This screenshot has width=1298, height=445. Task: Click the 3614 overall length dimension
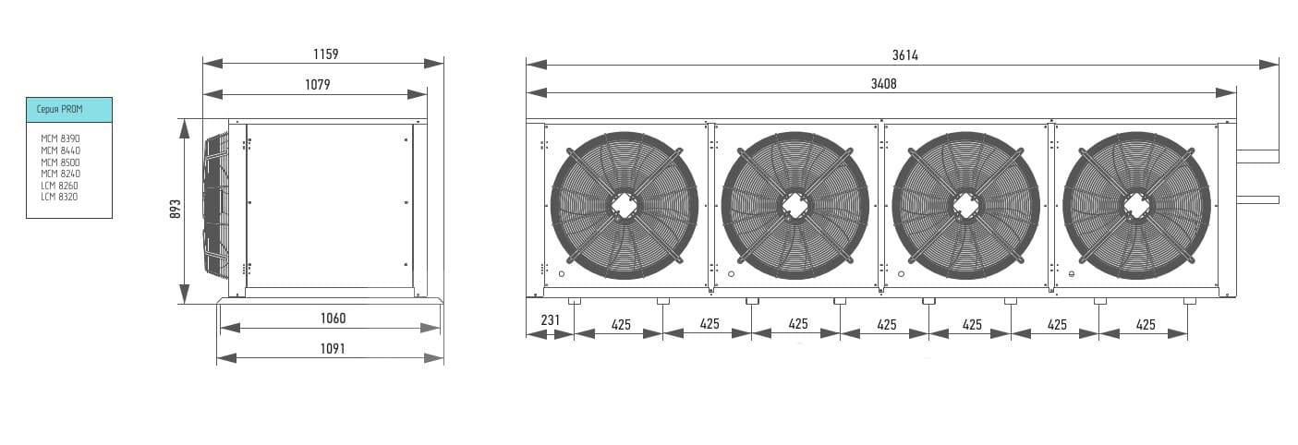click(905, 55)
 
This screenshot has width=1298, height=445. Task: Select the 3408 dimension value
click(884, 84)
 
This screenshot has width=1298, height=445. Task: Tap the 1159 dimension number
click(326, 54)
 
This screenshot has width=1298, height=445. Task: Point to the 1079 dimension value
click(318, 85)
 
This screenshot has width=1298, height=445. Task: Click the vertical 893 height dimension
click(175, 210)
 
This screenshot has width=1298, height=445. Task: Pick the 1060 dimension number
click(333, 319)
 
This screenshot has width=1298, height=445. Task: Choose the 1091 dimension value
click(333, 349)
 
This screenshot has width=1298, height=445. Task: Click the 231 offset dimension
click(551, 319)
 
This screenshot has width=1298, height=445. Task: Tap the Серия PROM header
click(60, 109)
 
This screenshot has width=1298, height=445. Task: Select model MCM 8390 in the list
click(60, 138)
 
